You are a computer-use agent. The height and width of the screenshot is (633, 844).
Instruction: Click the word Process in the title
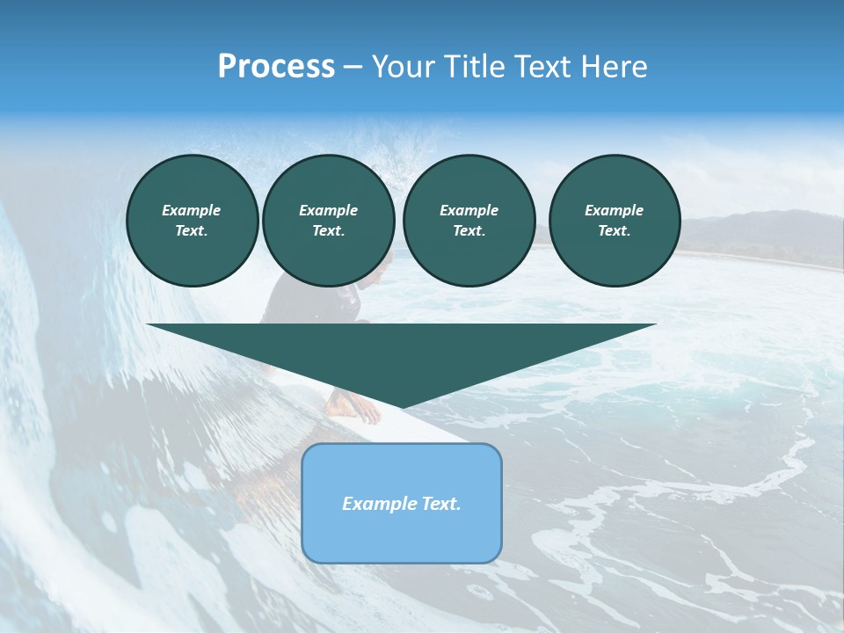pos(276,67)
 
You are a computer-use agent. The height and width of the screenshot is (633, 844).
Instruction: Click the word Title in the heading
pos(475,67)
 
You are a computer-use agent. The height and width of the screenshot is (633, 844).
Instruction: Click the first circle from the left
pos(192,221)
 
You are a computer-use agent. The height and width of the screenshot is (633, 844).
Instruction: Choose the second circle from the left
pos(328,221)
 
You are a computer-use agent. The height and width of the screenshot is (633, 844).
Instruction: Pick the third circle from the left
pos(469,221)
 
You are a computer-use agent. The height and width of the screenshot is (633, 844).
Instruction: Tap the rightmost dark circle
pos(614,221)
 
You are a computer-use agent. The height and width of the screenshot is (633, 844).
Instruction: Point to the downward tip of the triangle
pos(402,405)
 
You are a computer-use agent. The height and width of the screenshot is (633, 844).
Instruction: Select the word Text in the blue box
pos(440,504)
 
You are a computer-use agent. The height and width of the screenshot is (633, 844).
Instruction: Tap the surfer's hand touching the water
pos(356,408)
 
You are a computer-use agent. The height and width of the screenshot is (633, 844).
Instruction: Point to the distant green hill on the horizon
pos(756,233)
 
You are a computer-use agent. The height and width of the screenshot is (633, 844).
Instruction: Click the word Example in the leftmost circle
pos(192,210)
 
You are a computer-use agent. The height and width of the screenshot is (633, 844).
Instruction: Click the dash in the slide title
pos(353,67)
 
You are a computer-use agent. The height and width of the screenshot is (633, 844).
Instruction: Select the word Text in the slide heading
pos(540,67)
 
